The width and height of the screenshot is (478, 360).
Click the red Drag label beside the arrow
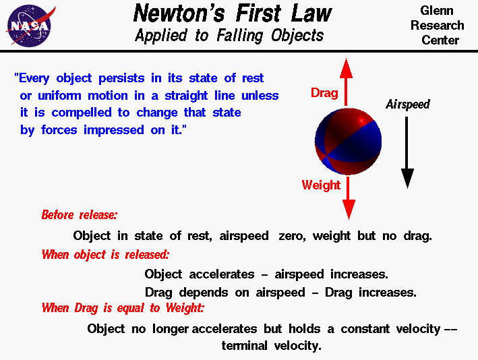324,93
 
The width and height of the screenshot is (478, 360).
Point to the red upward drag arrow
347,81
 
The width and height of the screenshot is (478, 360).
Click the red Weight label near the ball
321,185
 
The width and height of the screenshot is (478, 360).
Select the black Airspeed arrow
407,152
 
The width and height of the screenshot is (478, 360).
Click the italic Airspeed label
407,104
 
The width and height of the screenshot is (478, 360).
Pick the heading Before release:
80,215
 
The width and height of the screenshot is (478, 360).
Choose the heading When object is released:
105,255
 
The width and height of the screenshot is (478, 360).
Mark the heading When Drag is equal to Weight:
123,308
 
